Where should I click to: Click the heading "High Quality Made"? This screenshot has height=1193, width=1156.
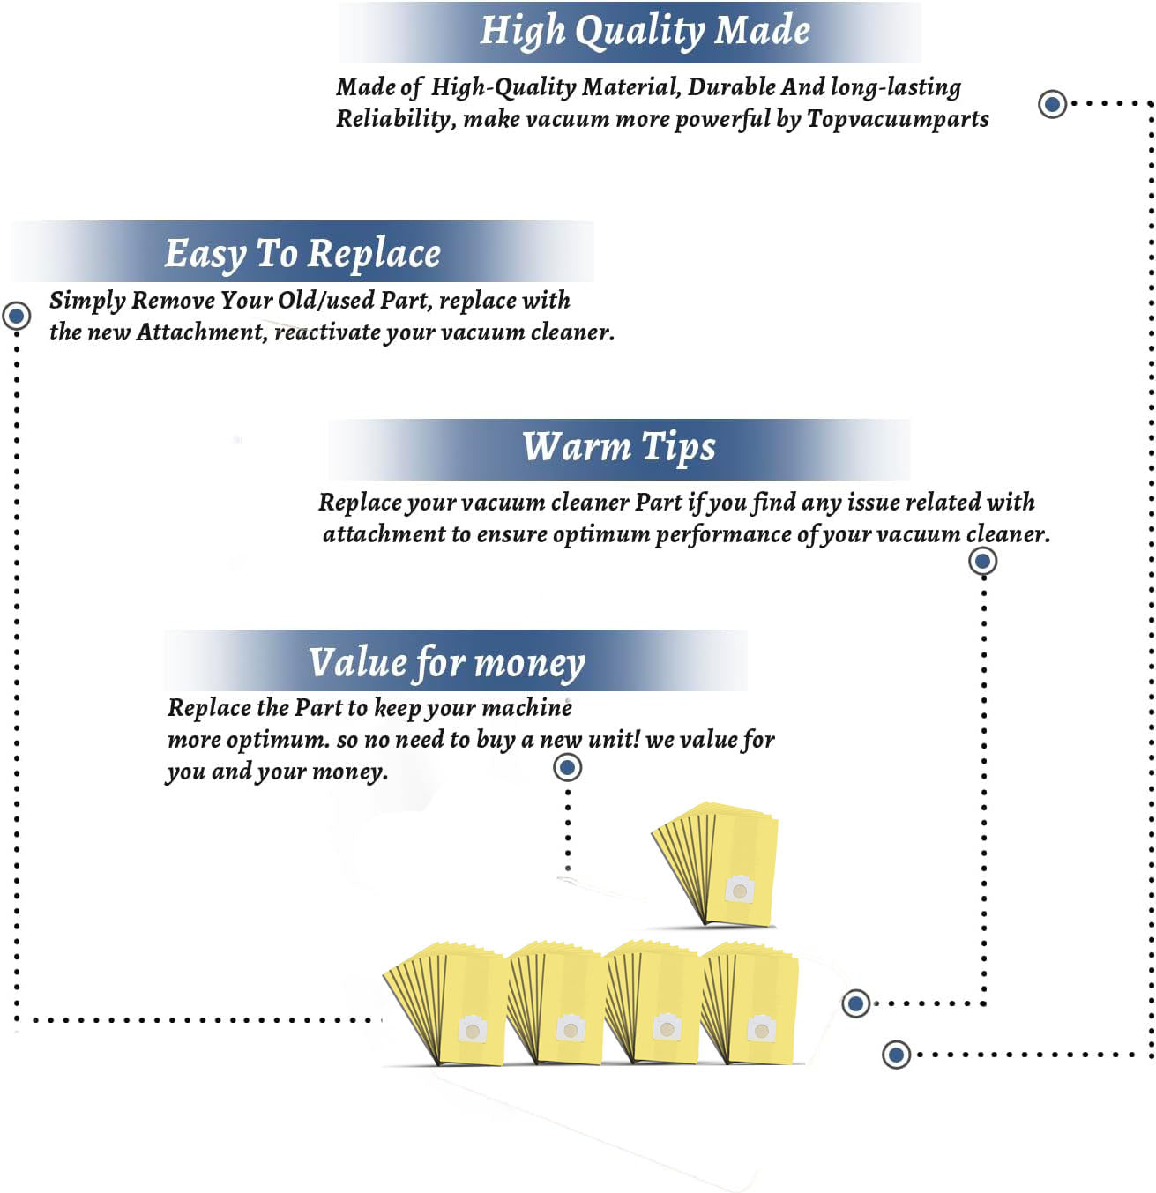click(x=645, y=31)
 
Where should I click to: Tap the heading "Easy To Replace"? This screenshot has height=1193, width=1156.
click(x=302, y=253)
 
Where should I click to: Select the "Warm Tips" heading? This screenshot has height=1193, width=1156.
click(x=618, y=446)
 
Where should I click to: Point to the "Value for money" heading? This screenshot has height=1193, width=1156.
click(x=447, y=663)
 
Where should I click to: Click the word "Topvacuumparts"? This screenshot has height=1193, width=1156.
click(x=898, y=119)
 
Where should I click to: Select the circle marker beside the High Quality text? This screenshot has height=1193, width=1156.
click(x=1053, y=104)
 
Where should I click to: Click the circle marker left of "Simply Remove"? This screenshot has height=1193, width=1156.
click(x=17, y=316)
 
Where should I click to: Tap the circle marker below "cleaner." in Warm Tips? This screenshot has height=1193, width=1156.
click(x=982, y=561)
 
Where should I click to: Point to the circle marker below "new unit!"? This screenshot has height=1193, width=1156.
click(x=568, y=767)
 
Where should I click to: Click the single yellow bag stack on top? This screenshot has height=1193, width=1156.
click(x=716, y=864)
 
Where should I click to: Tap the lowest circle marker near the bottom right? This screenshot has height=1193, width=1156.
click(x=896, y=1055)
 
